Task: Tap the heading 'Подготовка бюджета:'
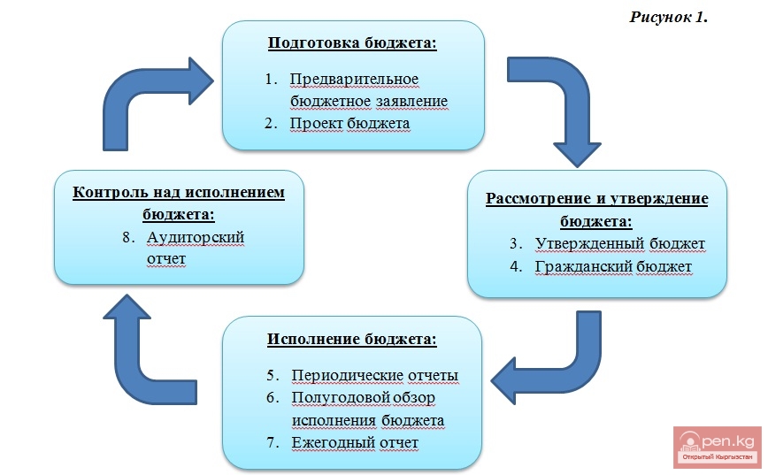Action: (x=353, y=42)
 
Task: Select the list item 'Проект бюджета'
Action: (x=349, y=123)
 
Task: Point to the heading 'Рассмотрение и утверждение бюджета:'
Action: (x=597, y=208)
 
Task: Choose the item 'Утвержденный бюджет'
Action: (x=618, y=242)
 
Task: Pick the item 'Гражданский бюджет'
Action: (x=613, y=264)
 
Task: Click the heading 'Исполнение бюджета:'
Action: (x=352, y=339)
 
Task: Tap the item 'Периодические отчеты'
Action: (x=375, y=375)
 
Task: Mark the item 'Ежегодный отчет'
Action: (x=354, y=441)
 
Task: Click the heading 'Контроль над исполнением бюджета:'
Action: (x=179, y=203)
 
